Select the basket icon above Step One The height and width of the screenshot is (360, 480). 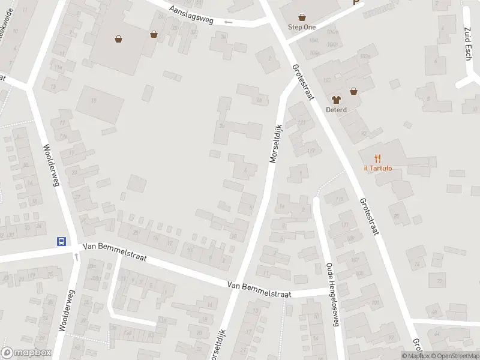302,17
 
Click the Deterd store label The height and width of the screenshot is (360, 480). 336,110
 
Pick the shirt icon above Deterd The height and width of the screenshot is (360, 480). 336,100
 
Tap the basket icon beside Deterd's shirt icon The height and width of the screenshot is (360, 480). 354,91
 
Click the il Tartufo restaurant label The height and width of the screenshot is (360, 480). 377,168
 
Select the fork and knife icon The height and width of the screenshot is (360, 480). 377,158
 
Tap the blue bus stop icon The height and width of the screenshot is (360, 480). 61,241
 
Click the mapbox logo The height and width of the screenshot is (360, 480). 25,353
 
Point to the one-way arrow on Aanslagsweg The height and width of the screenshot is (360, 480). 227,22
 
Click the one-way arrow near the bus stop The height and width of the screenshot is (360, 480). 76,256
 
